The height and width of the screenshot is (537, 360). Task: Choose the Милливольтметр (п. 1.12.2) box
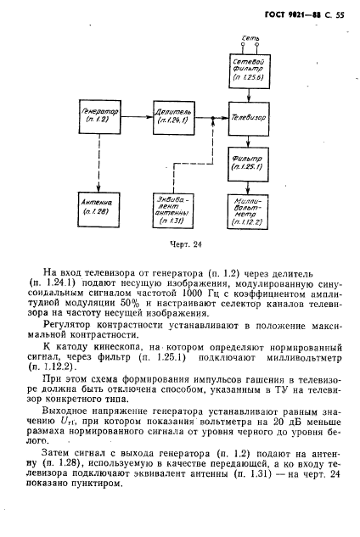(x=250, y=209)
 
